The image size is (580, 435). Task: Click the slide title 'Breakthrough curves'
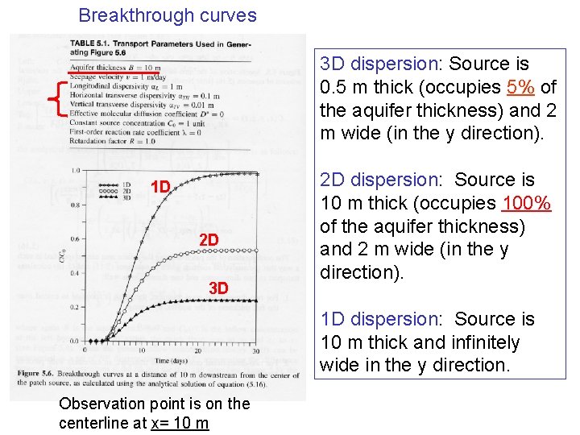tap(168, 15)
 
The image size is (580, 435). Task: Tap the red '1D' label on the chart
tap(161, 188)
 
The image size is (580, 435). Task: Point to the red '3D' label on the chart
tap(218, 288)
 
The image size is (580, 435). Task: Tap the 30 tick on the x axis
tap(256, 351)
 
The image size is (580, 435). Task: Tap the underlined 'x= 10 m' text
tap(180, 424)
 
